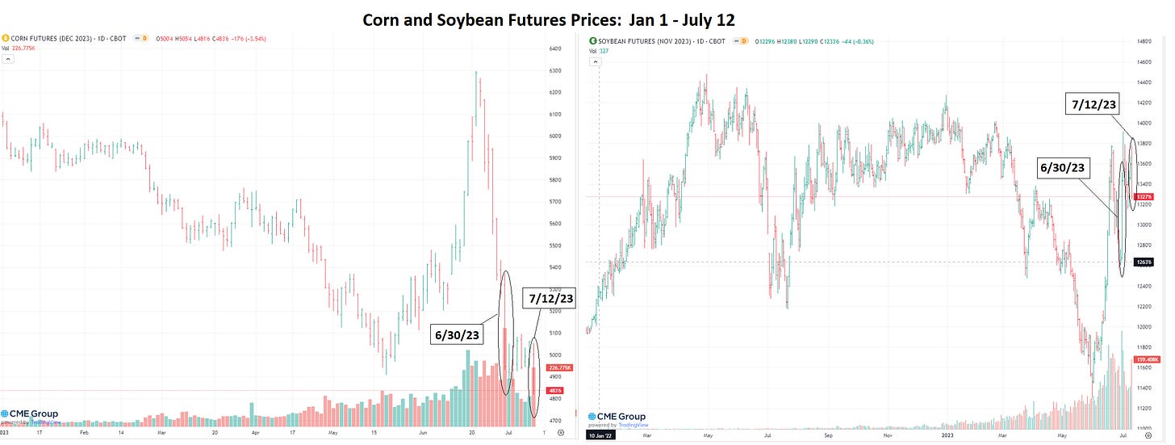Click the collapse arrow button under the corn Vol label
(6, 58)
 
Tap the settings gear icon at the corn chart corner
(561, 433)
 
